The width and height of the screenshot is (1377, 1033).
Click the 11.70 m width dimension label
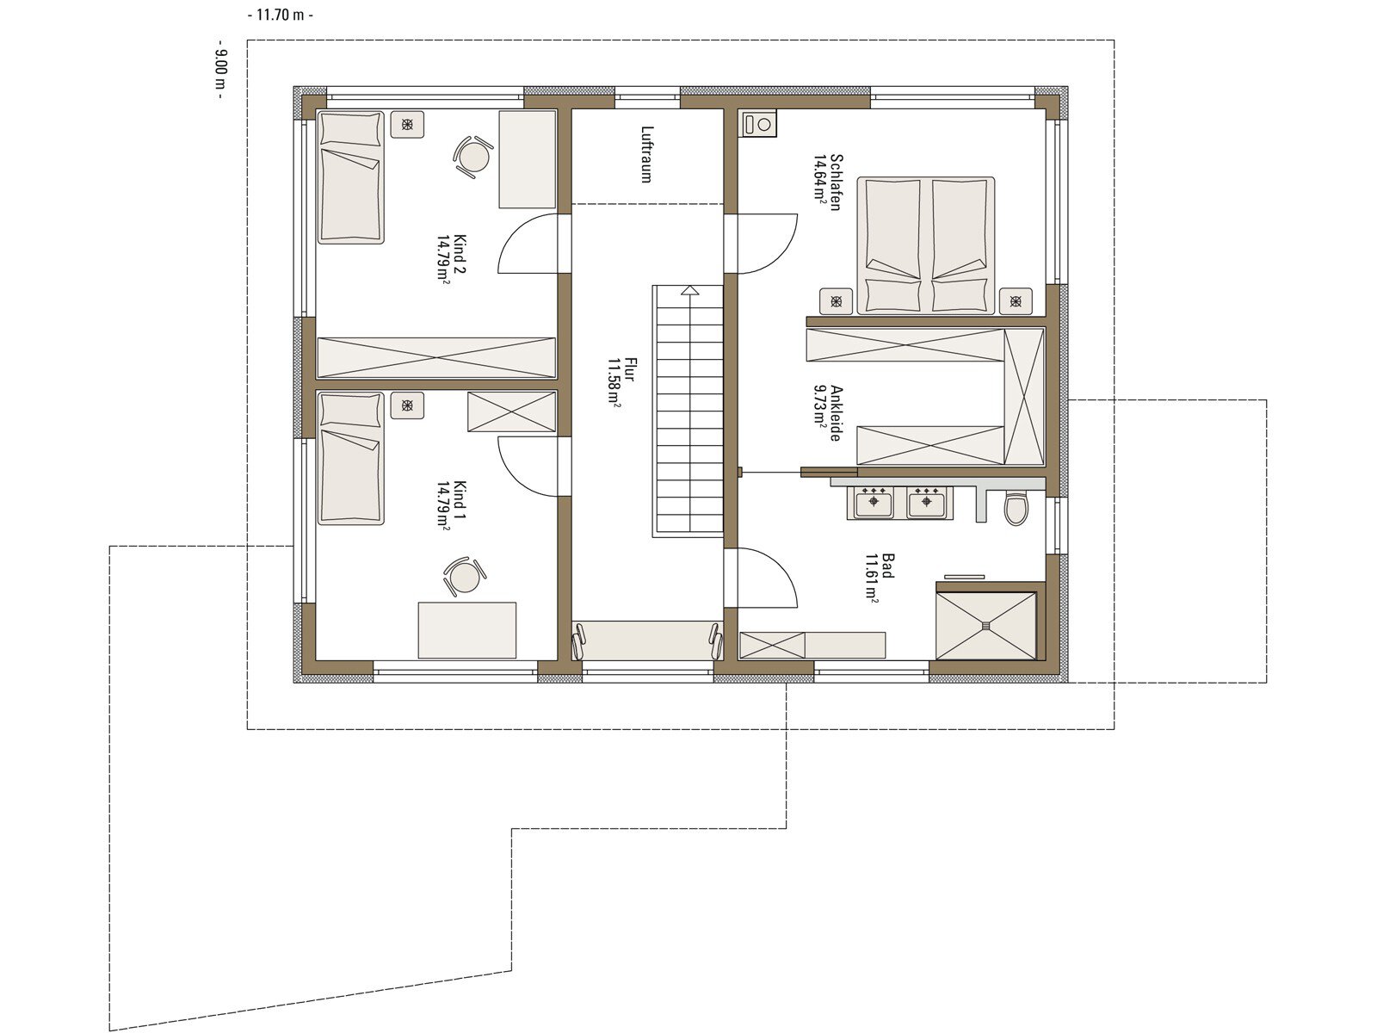(x=281, y=15)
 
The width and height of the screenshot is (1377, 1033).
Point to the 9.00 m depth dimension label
(x=221, y=70)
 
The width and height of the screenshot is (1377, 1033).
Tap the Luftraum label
(x=647, y=154)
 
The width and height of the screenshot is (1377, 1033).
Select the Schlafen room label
(x=827, y=182)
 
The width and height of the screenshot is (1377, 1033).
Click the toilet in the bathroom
(x=1016, y=508)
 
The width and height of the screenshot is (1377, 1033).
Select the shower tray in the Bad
(x=985, y=625)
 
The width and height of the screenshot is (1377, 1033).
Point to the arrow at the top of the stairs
(x=690, y=290)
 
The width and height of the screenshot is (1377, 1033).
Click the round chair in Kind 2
(x=472, y=156)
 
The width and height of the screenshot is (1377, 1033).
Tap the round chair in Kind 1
(x=464, y=576)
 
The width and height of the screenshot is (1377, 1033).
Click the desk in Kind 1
(x=467, y=630)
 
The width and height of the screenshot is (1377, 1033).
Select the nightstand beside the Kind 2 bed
(x=407, y=124)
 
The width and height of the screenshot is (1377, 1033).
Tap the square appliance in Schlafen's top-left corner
(x=759, y=124)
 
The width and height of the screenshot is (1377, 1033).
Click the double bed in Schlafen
(x=925, y=245)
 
